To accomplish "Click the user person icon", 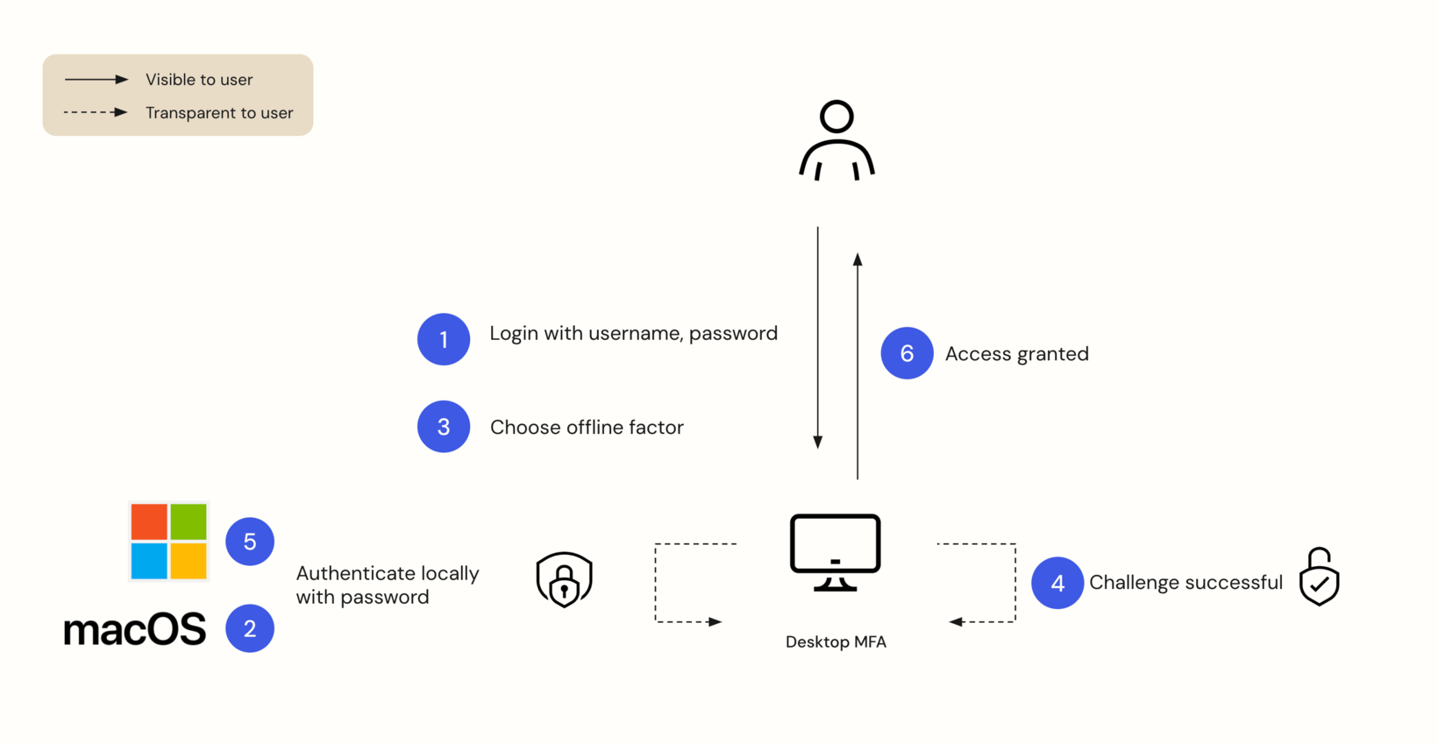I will coord(836,141).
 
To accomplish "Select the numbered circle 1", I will coord(444,339).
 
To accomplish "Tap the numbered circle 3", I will coord(444,427).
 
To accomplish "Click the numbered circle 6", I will coord(907,353).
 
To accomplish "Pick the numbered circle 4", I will coord(1057,583).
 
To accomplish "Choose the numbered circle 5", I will coord(250,542).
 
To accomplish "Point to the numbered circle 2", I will coord(250,628).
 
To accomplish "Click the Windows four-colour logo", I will coord(168,542).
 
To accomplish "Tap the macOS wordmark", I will coord(135,630).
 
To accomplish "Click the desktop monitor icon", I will coord(835,552).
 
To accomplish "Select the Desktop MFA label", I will coord(836,642).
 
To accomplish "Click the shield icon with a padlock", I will coord(564,579).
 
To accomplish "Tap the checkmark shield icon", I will coord(1319,577).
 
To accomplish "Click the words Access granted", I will coord(1016,354).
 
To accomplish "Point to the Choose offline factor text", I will coord(587,428).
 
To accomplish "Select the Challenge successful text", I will coord(1185,583).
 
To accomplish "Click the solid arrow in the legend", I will coord(96,80).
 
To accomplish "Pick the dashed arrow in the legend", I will coord(96,112).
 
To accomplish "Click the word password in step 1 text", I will coord(733,334).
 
